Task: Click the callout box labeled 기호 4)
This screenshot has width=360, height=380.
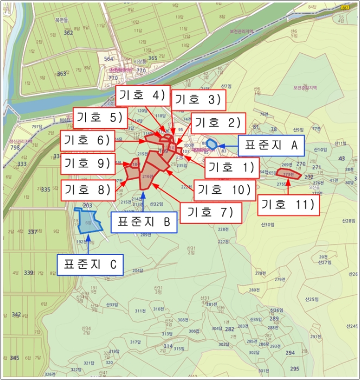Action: (x=143, y=96)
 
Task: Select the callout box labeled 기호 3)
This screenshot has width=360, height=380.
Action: (x=197, y=99)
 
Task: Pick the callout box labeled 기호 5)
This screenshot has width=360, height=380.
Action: (x=100, y=117)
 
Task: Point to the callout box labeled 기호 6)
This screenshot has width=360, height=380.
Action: (x=87, y=140)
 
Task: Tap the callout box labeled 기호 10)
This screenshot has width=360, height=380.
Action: (x=223, y=189)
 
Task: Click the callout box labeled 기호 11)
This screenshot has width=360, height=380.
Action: (x=288, y=205)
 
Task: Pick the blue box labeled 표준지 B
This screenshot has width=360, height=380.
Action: (x=144, y=222)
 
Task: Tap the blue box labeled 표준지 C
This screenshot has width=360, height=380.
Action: (x=90, y=265)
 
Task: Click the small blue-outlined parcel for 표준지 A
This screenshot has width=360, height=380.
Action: (x=212, y=144)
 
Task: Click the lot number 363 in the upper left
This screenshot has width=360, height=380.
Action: (x=61, y=74)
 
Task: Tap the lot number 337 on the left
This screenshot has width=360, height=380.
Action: (x=33, y=232)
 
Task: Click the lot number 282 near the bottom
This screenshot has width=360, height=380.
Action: (x=229, y=329)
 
